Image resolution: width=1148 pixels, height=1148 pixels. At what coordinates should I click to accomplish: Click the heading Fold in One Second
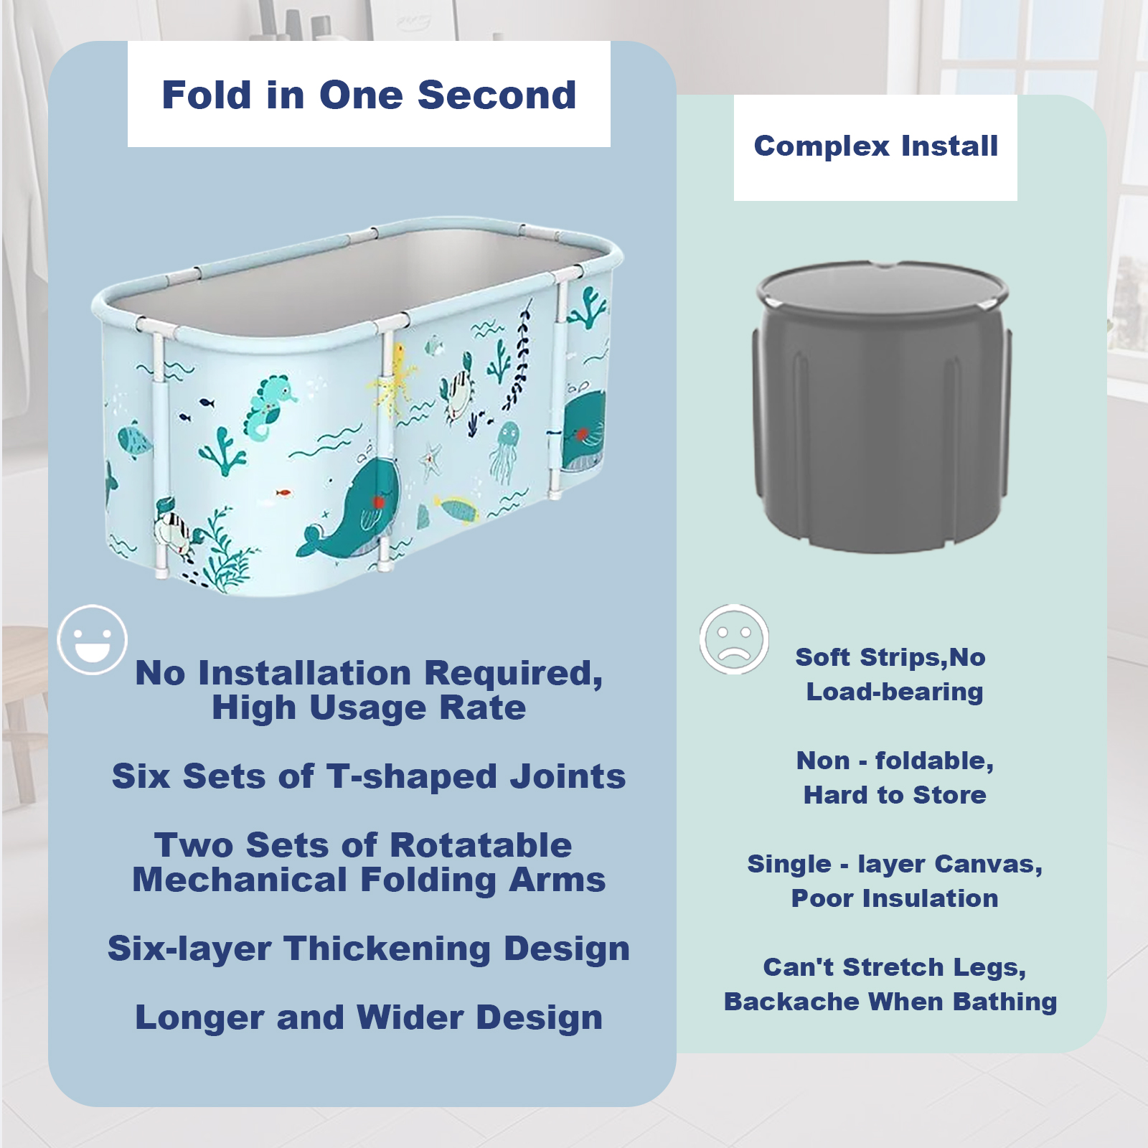[369, 95]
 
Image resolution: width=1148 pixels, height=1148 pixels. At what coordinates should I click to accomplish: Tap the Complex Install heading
[875, 146]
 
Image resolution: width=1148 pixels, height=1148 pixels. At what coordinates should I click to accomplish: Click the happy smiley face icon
[93, 639]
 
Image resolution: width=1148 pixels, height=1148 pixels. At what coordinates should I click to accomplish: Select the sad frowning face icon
[734, 639]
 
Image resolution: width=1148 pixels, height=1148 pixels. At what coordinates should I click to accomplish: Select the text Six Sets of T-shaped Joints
[369, 776]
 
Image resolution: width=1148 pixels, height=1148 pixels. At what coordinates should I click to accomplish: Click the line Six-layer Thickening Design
[369, 949]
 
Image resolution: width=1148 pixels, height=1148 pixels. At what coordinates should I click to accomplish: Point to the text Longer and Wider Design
[369, 1017]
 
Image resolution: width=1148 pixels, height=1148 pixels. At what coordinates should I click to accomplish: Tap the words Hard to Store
[895, 795]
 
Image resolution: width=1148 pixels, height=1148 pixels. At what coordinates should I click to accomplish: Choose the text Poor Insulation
[895, 898]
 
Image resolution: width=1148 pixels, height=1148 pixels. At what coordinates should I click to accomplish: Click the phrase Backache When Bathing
[890, 1002]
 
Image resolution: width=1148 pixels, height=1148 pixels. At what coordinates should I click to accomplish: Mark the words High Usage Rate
[369, 707]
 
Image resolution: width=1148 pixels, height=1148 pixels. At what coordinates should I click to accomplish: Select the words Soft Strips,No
[890, 657]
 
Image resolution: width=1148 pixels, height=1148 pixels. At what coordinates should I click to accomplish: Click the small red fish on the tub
[284, 493]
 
